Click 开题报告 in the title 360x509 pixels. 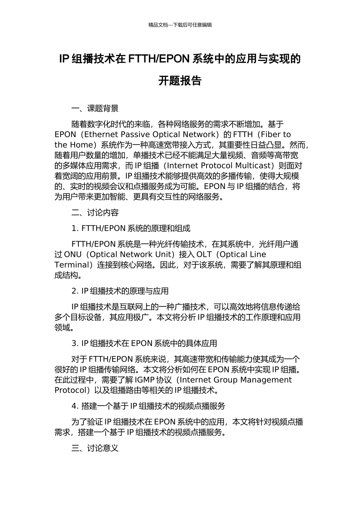[x=180, y=81]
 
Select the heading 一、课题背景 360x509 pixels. [x=95, y=109]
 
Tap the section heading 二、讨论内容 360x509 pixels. [x=95, y=213]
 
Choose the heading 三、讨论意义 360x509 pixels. [x=95, y=448]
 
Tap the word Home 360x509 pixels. [x=81, y=145]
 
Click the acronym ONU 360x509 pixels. [x=73, y=254]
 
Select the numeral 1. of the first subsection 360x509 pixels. [x=75, y=229]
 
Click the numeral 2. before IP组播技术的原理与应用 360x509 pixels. [x=75, y=291]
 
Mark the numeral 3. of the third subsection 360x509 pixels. [x=75, y=343]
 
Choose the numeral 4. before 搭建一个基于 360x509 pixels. [x=75, y=406]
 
